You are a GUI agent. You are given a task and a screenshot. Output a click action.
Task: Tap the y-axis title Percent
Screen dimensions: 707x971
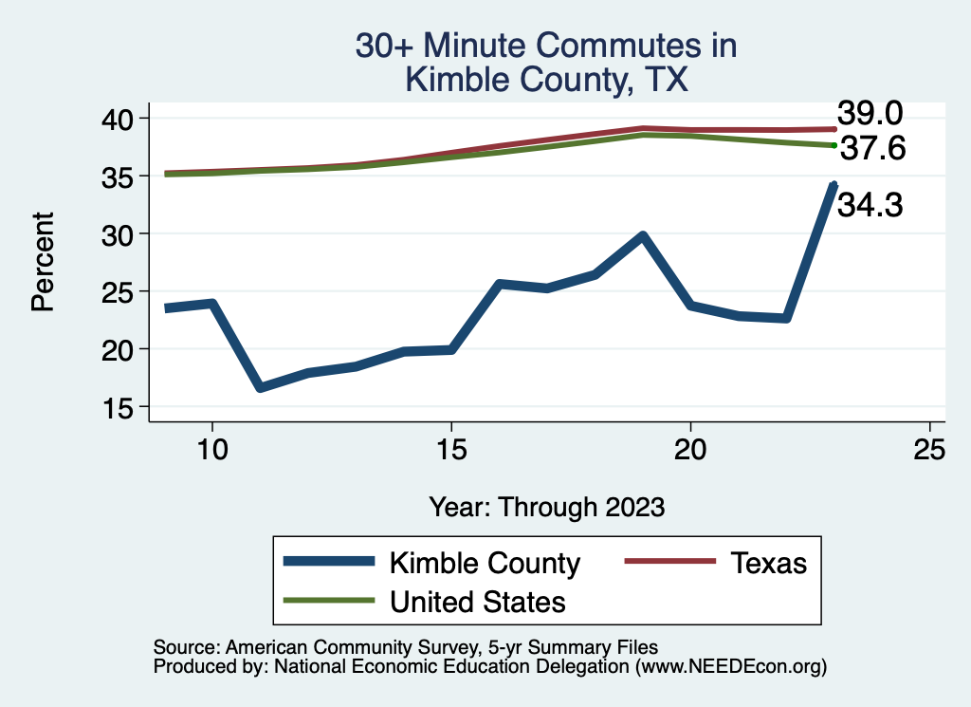pos(42,262)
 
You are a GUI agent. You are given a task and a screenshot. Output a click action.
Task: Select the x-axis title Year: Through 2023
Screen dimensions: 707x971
pos(546,506)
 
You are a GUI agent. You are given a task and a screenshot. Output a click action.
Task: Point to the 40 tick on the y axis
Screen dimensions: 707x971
pos(121,118)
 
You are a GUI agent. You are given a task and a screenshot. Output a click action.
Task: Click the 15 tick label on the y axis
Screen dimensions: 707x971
pos(121,407)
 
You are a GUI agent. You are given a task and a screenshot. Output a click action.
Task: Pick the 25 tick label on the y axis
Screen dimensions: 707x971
pos(121,291)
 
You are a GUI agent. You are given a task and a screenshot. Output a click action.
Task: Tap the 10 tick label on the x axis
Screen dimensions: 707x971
pos(211,450)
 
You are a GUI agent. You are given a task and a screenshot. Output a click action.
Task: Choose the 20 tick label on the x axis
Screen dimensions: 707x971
pos(690,450)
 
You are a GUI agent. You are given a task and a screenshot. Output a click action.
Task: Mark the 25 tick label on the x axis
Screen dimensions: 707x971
pos(929,450)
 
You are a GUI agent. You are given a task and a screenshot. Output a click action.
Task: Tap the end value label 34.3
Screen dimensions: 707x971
pos(869,204)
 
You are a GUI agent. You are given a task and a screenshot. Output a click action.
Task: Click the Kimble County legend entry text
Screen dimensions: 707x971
pos(485,563)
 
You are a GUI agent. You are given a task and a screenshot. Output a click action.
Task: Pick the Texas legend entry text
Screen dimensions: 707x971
pos(768,563)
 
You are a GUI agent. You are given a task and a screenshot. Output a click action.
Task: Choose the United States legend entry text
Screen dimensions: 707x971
pos(478,602)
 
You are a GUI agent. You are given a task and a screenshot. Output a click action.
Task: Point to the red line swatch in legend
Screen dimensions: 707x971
pos(669,563)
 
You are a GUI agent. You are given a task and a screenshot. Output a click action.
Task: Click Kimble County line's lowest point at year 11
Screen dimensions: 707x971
pos(260,387)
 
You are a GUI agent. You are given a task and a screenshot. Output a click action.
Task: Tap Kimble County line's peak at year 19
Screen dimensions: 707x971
pos(643,235)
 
